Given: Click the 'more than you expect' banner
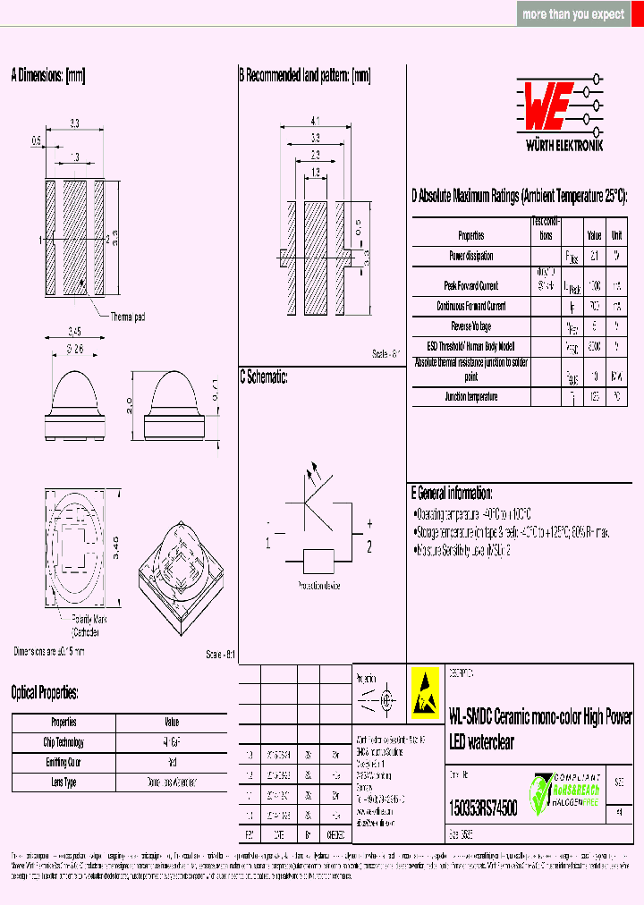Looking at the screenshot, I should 573,14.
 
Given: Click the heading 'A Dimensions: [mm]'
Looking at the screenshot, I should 47,76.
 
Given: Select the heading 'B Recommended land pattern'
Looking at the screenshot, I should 304,76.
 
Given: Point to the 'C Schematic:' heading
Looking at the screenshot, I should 263,377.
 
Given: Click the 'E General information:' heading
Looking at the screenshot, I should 451,494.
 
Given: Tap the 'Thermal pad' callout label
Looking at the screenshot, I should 128,317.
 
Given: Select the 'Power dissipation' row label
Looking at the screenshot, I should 470,256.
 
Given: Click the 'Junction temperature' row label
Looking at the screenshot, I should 470,396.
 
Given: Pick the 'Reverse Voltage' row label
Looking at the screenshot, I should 470,326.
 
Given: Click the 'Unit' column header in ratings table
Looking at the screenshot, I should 616,235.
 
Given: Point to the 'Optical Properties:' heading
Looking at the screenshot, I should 45,692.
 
